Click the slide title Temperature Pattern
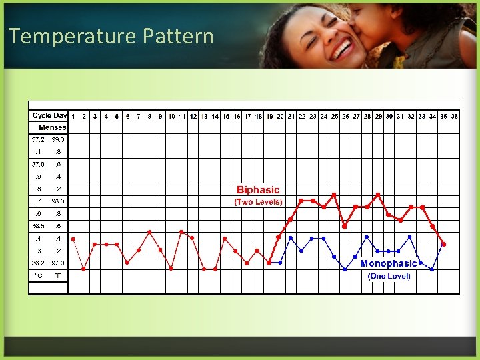point(111,36)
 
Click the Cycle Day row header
point(50,115)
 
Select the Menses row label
point(53,127)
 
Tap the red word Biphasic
point(258,190)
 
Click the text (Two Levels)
point(258,202)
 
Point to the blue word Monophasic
point(389,264)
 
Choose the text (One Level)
point(389,276)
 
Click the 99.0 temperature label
point(59,139)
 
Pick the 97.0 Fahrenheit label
point(59,263)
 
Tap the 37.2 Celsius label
point(38,139)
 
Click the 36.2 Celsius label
point(38,263)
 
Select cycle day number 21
point(291,116)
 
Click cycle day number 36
point(454,116)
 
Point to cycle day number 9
point(160,116)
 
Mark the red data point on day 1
point(73,239)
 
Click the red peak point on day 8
point(149,232)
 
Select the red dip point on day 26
point(345,227)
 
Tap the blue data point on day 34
point(432,269)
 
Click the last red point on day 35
point(443,244)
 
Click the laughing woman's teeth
point(343,48)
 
